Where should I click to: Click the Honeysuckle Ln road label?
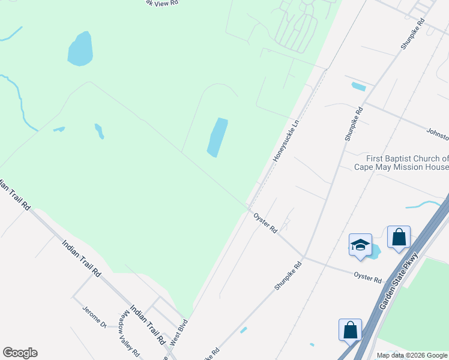pos(286,142)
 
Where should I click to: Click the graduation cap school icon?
pos(360,245)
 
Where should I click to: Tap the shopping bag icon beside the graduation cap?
pos(399,238)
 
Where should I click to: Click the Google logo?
pos(20,353)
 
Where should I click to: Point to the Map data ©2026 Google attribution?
pos(412,355)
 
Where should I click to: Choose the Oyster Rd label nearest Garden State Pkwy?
pos(368,277)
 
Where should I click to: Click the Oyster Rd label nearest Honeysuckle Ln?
pos(265,223)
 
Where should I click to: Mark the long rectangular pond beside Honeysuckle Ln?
pos(217,137)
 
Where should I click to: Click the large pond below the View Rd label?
pos(80,49)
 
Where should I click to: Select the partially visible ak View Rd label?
pos(166,3)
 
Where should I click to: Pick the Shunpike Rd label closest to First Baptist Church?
pos(354,124)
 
